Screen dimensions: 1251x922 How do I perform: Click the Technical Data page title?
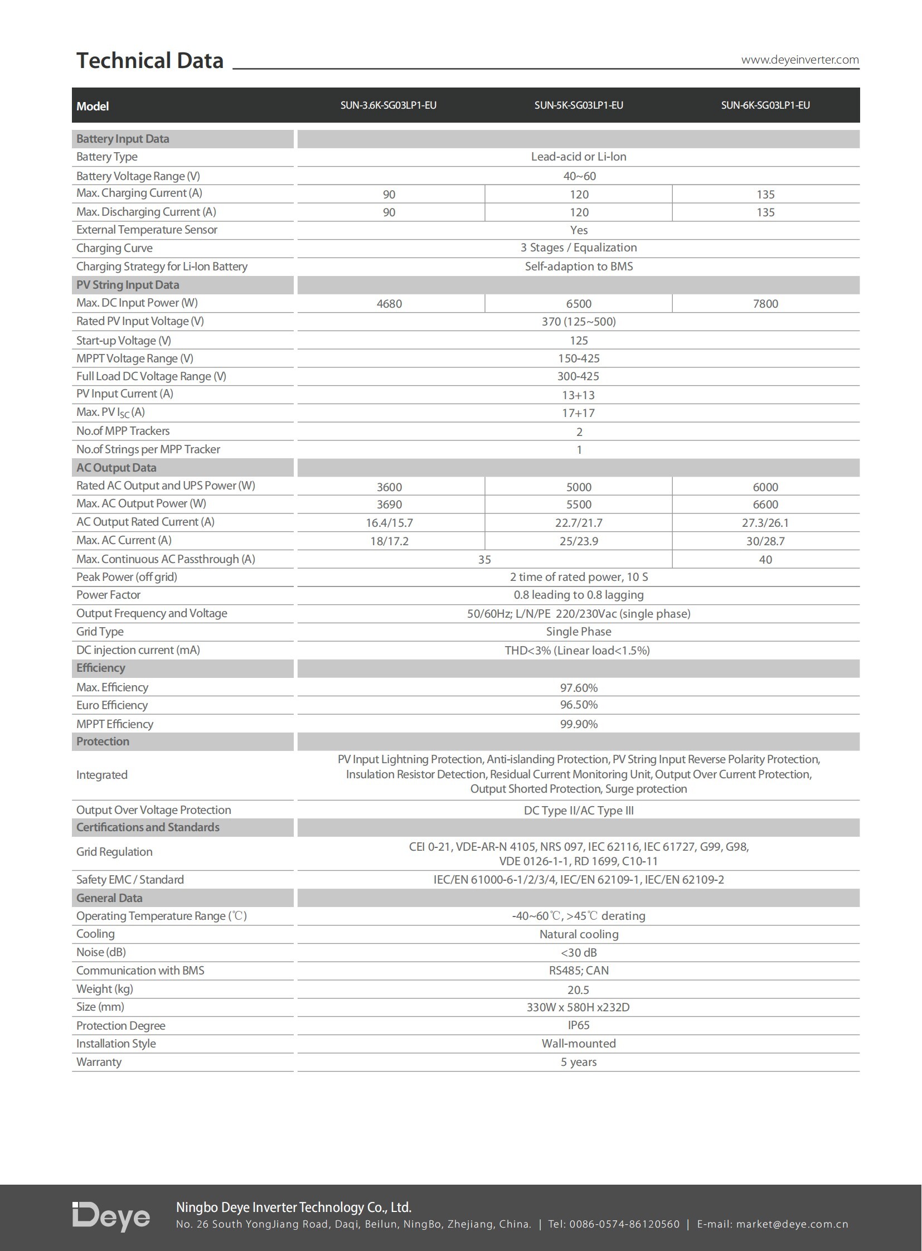(x=149, y=60)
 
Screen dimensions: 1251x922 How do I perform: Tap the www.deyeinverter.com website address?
(x=799, y=60)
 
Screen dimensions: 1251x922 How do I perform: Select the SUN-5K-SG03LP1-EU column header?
(x=578, y=105)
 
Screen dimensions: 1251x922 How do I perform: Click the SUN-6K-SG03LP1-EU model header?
(x=765, y=105)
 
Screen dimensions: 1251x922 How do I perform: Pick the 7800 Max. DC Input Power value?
(x=765, y=304)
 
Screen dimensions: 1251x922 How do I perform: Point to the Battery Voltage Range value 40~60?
(x=579, y=176)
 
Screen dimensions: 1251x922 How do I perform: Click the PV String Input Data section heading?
(x=128, y=285)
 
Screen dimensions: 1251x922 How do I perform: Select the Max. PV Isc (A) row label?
(x=110, y=413)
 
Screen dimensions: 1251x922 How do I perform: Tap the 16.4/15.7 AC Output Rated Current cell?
(x=389, y=523)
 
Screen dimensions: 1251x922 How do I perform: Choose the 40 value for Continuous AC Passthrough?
(x=765, y=559)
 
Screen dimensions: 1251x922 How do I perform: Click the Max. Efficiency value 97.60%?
(x=579, y=688)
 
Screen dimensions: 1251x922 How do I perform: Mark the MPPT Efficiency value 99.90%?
(x=579, y=724)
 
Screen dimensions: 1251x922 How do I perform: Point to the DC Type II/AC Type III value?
(x=579, y=811)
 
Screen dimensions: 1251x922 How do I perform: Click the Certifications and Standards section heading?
(x=148, y=827)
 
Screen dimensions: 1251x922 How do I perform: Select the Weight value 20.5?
(x=578, y=990)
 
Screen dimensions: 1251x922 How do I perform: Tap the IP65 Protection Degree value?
(x=579, y=1025)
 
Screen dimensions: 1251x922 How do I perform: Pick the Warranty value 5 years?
(x=579, y=1062)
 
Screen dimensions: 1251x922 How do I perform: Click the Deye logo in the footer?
(x=111, y=1216)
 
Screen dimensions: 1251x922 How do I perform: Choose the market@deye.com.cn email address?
(x=792, y=1224)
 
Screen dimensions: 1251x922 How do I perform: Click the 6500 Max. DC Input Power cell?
(x=579, y=304)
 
